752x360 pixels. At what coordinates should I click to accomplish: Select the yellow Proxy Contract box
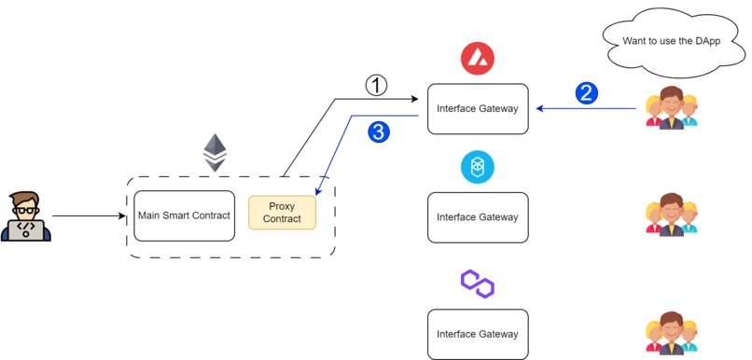(x=282, y=213)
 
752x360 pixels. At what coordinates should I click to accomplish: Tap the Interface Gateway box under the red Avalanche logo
(x=478, y=109)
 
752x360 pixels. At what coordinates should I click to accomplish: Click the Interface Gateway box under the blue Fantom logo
(x=478, y=217)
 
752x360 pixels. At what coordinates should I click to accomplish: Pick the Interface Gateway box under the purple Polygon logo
(x=478, y=334)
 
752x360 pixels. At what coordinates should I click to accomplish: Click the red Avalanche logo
(x=477, y=60)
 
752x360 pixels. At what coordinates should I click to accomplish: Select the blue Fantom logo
(x=477, y=168)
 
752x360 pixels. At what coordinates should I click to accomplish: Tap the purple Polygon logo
(x=477, y=284)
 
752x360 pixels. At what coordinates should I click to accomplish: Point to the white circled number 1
(x=375, y=86)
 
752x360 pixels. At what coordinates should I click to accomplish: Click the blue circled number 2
(x=586, y=93)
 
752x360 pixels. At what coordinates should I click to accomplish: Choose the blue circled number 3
(x=378, y=133)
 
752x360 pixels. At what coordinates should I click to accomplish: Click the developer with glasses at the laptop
(x=25, y=216)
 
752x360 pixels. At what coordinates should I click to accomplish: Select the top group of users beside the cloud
(x=672, y=108)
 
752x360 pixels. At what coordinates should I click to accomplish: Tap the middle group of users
(x=672, y=215)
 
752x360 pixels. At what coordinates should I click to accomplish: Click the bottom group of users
(x=672, y=334)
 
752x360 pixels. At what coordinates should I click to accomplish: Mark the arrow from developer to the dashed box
(x=89, y=216)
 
